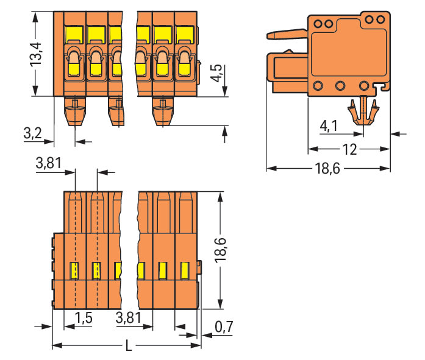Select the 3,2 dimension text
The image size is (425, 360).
tap(32, 135)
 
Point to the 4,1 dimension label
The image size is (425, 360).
tap(328, 126)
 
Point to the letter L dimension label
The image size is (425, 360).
tap(128, 347)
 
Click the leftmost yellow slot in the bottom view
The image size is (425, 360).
tap(74, 269)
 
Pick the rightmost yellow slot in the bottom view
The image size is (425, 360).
tap(185, 269)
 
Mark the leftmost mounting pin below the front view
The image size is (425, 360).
tap(74, 111)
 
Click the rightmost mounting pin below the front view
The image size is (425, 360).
tap(162, 111)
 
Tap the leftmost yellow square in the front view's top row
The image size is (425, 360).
tap(74, 34)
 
